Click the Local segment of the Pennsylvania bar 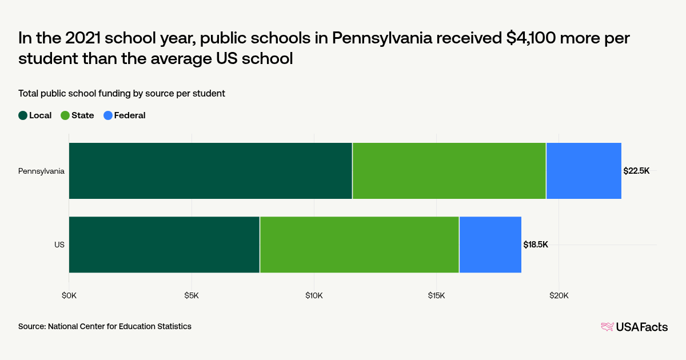coord(210,171)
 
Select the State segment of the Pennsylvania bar coord(449,171)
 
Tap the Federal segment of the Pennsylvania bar coord(584,171)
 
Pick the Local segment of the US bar coord(164,245)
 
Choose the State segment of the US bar coord(360,245)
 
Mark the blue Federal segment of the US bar coord(490,245)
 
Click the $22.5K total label coord(636,171)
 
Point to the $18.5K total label coord(536,245)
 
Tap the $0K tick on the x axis coord(69,295)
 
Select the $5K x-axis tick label coord(192,295)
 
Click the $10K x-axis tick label coord(314,295)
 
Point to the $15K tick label coord(436,295)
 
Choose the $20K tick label coord(559,295)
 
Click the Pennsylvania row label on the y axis coord(41,171)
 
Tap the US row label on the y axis coord(59,245)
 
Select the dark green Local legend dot coord(23,115)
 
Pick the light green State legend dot coord(65,115)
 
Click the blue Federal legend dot coord(107,115)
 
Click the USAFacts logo coord(634,327)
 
